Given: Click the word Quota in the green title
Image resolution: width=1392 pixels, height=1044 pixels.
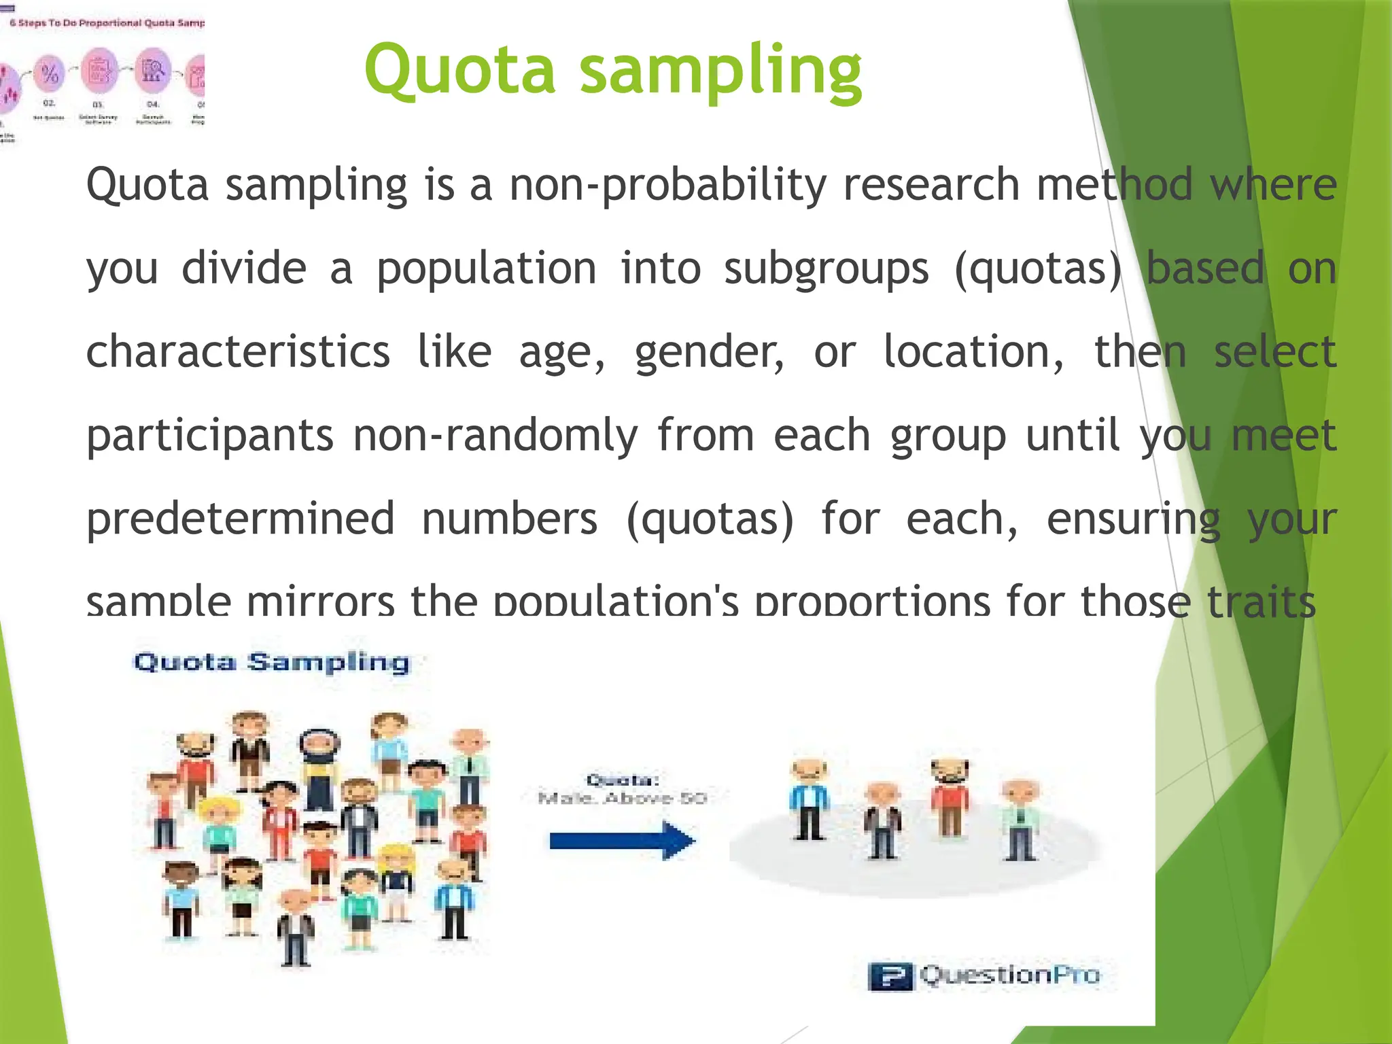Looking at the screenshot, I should (460, 70).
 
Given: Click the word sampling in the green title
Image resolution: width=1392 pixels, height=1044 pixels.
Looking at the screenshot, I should (720, 71).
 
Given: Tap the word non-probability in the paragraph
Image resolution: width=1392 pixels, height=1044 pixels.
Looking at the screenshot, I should (668, 185).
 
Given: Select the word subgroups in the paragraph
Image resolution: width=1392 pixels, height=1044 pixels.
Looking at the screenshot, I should (826, 269).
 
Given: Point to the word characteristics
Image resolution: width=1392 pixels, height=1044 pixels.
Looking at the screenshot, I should (238, 352).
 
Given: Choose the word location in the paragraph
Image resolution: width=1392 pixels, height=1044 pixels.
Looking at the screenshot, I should (973, 352).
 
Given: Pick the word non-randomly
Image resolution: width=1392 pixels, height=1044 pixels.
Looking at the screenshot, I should (495, 436).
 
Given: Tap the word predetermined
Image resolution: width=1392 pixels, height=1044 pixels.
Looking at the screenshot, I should (240, 519).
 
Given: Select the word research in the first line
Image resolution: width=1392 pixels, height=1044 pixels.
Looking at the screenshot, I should (931, 185).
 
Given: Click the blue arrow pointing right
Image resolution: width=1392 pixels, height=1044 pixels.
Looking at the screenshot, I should (622, 841).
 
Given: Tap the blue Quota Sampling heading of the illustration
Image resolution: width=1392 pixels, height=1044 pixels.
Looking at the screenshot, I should (272, 662).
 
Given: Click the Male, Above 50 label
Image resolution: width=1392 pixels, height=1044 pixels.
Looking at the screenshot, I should (622, 798).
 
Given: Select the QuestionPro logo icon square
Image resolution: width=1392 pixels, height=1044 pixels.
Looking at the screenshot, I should (890, 977).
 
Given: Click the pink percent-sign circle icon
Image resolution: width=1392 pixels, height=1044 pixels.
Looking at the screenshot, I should (50, 73).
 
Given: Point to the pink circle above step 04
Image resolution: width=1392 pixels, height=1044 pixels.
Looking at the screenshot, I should (153, 70).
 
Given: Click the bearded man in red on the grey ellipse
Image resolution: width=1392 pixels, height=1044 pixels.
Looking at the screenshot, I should (950, 797).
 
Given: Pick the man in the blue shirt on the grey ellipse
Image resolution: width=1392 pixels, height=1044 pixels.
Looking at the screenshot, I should (809, 799).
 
